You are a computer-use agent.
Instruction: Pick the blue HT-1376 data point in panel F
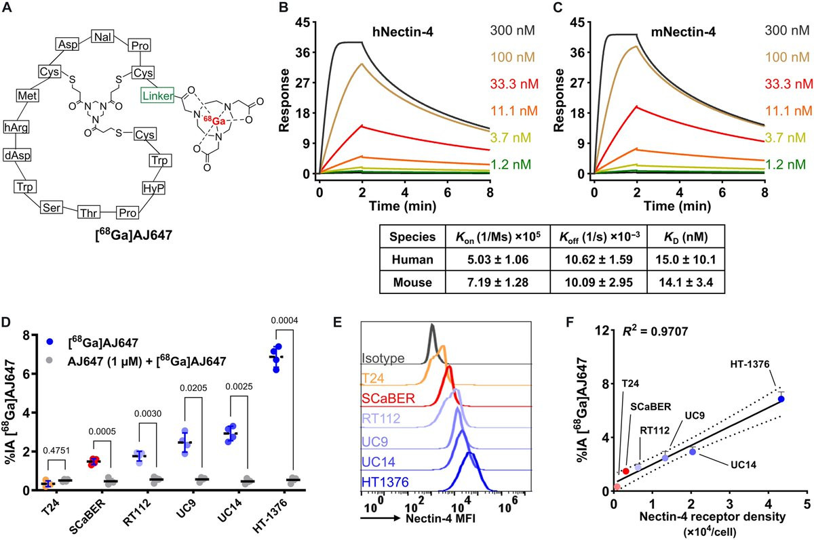pyautogui.click(x=781, y=399)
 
